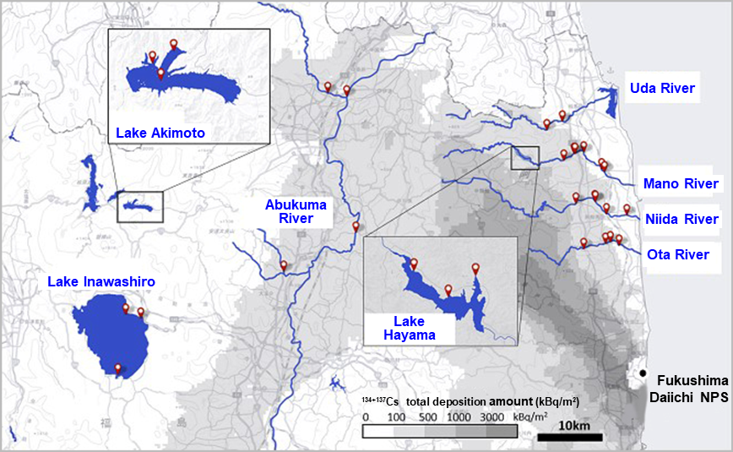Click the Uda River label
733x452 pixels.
pos(662,88)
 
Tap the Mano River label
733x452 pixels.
pos(681,183)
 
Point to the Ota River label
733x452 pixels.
pos(678,253)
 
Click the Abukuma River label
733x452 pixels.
pos(290,211)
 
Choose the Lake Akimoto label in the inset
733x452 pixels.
pos(160,133)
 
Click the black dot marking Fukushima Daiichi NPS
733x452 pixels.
pos(643,373)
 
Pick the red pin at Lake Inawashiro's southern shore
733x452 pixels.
pos(118,368)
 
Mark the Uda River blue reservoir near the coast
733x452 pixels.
pos(611,102)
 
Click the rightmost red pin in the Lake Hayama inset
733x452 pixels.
pos(475,270)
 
